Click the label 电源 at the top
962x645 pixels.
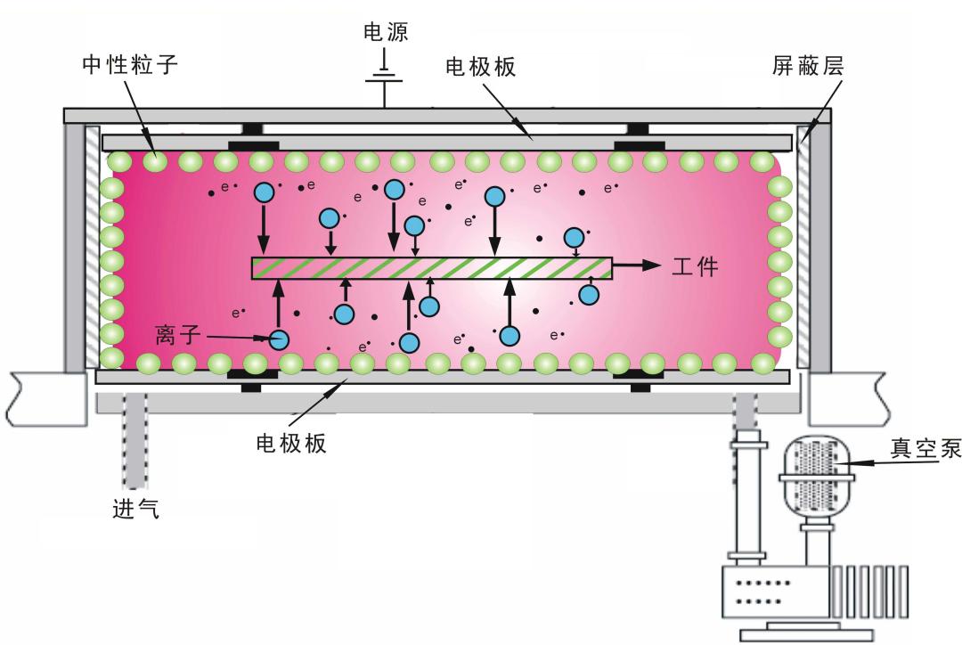[386, 33]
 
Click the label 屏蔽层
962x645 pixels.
[807, 66]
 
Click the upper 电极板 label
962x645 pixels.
[480, 67]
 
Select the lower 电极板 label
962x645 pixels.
[291, 443]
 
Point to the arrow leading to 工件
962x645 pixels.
[637, 266]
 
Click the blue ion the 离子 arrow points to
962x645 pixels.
[280, 339]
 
